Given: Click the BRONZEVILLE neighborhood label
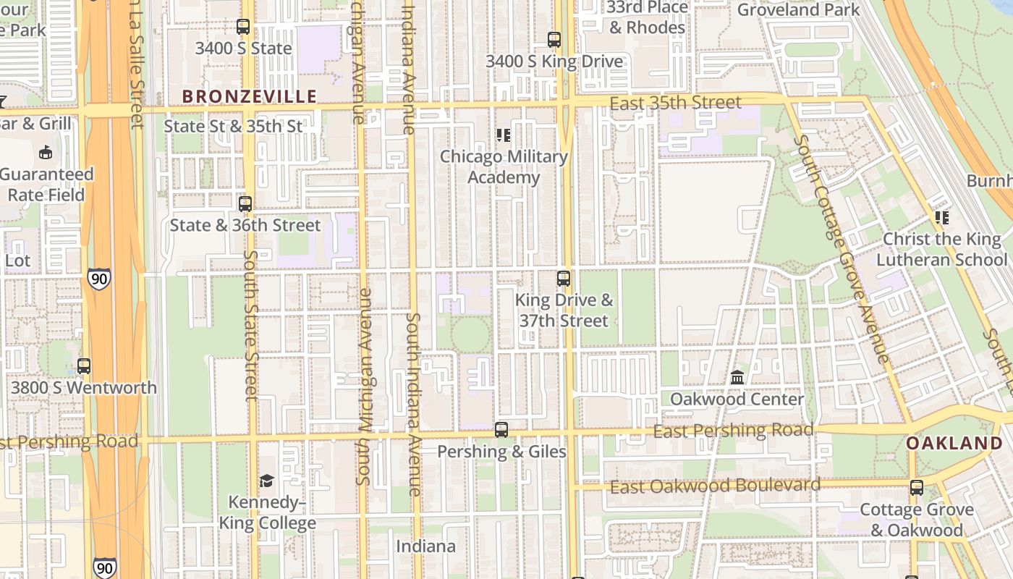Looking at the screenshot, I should tap(249, 96).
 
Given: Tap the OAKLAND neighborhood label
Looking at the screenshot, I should tap(954, 443).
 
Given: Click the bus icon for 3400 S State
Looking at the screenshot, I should tap(243, 27).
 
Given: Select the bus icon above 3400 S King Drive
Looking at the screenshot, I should tap(554, 40).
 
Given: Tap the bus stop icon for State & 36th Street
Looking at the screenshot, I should tap(245, 204).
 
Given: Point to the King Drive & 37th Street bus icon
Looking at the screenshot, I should tap(564, 278).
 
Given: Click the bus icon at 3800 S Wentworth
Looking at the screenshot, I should tap(84, 366).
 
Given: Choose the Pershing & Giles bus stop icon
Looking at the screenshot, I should tap(501, 430).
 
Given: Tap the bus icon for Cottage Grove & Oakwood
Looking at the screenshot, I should tap(917, 488).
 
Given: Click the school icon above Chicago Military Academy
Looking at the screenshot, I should tap(504, 135).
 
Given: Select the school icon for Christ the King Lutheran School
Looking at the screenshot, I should tap(942, 217).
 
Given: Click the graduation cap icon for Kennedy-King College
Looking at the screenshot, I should tap(267, 481).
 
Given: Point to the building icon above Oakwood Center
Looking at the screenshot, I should tap(737, 377).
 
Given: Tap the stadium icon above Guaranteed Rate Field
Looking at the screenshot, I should tap(46, 152).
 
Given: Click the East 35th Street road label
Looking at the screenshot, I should tap(675, 103).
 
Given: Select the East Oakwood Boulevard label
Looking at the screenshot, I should tap(715, 486).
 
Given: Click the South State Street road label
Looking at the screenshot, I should tap(251, 325).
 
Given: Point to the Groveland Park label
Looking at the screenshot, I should tap(798, 9).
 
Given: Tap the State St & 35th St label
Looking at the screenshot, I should tap(233, 126).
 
